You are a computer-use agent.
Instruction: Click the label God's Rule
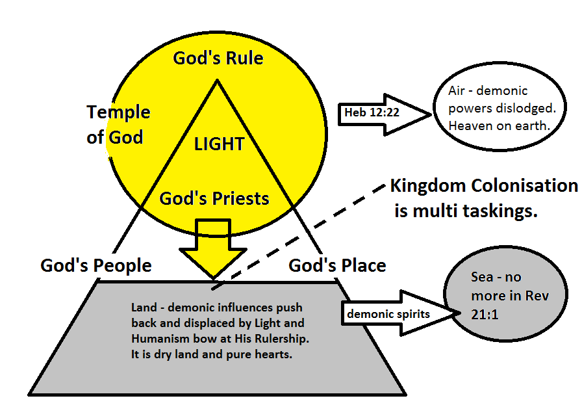pos(218,59)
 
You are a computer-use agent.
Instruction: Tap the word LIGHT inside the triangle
pos(219,144)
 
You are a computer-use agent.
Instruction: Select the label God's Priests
pos(214,198)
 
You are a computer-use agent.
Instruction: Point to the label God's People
pos(95,265)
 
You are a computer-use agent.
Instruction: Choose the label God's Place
pos(337,265)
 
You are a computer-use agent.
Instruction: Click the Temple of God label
pos(118,125)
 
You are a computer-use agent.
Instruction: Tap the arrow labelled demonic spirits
pos(393,315)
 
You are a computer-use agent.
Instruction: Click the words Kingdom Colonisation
pos(483,186)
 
